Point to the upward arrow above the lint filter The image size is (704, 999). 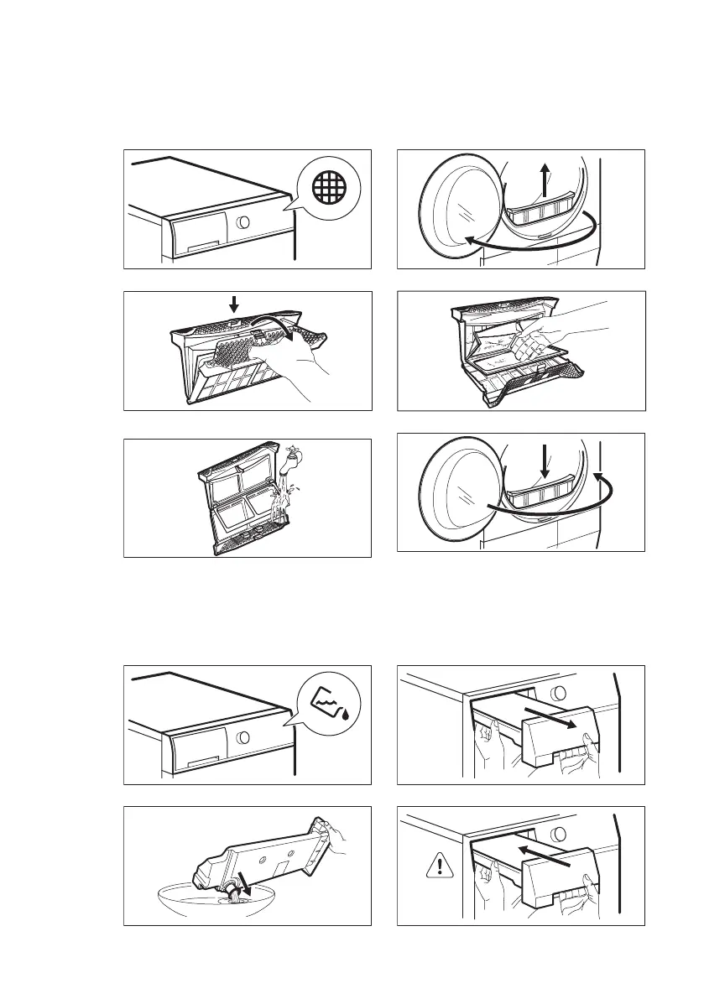545,180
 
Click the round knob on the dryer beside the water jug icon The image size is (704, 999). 242,738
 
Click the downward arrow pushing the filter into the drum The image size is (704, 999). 545,462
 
